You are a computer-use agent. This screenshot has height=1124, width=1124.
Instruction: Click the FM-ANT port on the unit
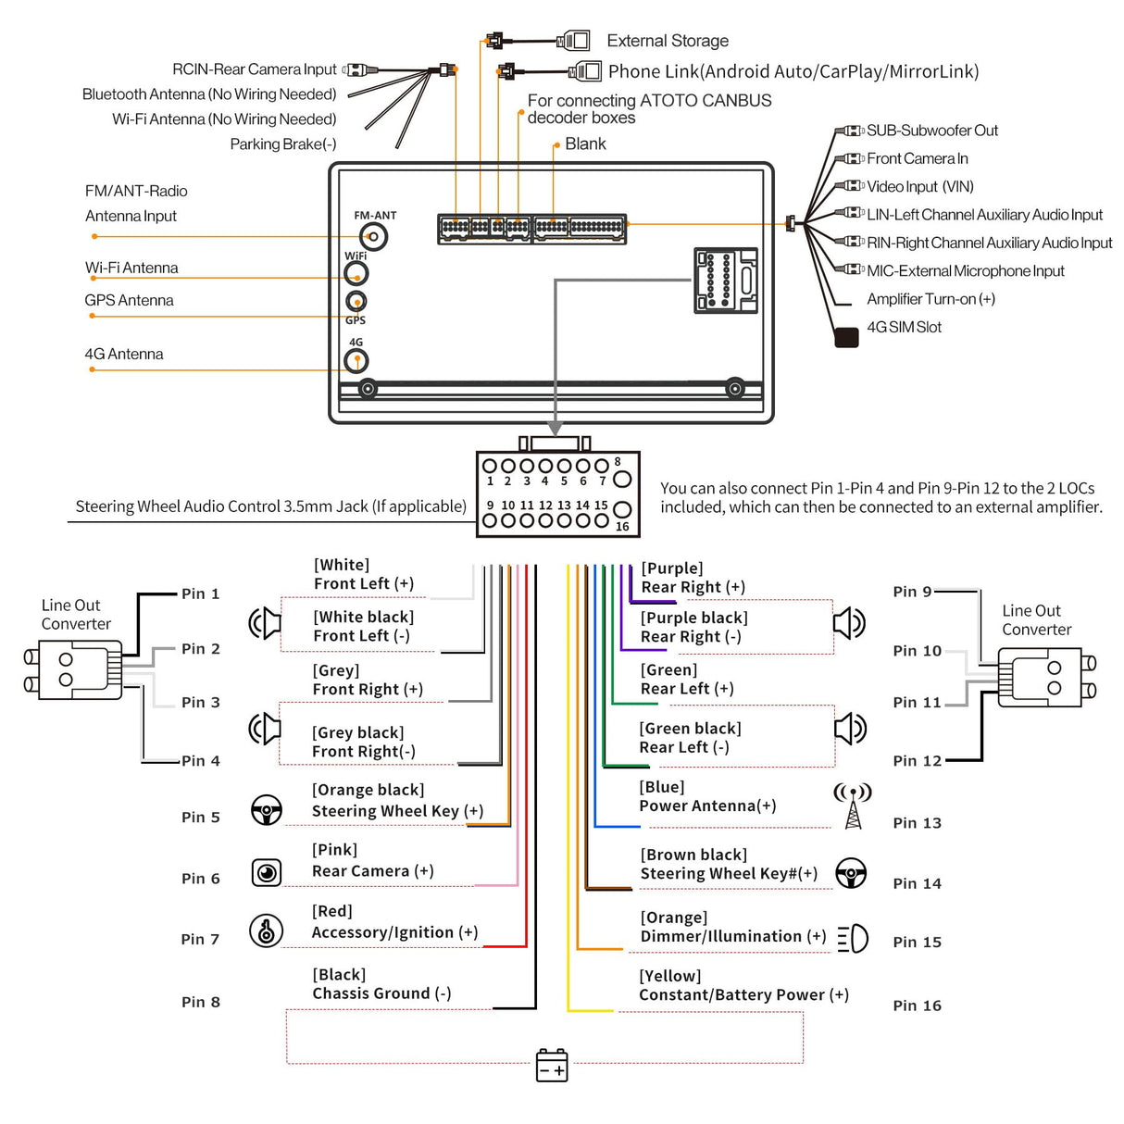[374, 237]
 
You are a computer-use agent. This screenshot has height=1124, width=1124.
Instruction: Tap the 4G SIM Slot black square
[846, 337]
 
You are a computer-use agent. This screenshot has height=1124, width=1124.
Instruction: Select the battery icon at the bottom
[552, 1065]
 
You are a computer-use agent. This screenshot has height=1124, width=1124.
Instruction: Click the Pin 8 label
[201, 1002]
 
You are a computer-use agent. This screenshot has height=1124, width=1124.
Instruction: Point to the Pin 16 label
[917, 1005]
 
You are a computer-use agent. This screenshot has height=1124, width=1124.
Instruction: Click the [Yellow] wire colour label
[669, 976]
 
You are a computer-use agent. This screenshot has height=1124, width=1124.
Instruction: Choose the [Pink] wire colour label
[334, 850]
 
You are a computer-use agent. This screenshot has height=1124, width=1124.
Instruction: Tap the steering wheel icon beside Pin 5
[267, 810]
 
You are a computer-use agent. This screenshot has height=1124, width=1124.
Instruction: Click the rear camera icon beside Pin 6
[267, 872]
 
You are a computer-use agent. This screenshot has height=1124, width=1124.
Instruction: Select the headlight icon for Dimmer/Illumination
[853, 939]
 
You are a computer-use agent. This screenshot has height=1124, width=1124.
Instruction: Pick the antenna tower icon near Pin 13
[853, 806]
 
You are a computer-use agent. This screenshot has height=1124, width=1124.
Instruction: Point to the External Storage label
[668, 41]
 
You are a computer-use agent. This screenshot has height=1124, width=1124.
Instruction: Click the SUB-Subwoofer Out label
[931, 131]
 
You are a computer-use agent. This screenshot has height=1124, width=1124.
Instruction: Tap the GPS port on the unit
[356, 301]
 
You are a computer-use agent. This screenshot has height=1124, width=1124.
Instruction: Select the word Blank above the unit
[585, 144]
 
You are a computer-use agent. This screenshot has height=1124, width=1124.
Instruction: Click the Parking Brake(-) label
[283, 144]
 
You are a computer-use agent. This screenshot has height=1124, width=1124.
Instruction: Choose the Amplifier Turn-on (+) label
[930, 299]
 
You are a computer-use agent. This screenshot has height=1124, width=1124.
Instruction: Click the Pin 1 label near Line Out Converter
[200, 593]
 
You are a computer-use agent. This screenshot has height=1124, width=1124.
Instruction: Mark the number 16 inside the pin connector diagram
[622, 527]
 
